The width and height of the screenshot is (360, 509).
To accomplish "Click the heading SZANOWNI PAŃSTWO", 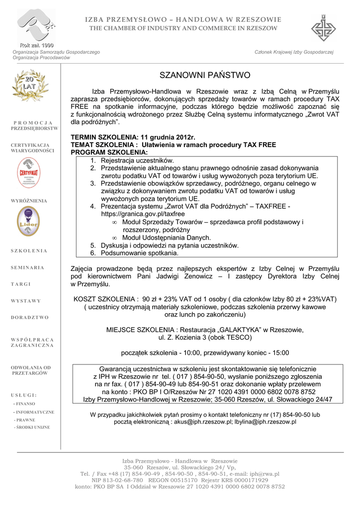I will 205,76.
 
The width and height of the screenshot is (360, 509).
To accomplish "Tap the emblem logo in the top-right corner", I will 323,28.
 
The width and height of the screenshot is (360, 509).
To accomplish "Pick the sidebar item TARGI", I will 21,284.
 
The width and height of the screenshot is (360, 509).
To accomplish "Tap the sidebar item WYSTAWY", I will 26,301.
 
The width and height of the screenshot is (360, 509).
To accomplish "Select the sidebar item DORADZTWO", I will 30,317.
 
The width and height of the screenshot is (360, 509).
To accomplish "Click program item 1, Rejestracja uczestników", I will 137,161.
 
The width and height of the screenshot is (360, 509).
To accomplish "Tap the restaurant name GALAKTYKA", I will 238,330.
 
